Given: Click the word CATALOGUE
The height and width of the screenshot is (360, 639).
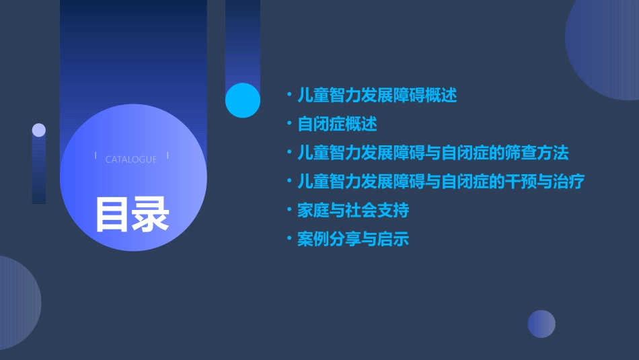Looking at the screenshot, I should (x=131, y=159).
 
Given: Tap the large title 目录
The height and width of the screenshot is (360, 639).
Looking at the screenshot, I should (x=132, y=214).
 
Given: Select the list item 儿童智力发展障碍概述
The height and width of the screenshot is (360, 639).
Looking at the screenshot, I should (x=377, y=96).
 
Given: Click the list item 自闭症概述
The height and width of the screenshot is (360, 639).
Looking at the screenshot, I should (x=337, y=124).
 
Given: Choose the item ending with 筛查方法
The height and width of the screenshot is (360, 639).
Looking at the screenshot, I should (x=433, y=153).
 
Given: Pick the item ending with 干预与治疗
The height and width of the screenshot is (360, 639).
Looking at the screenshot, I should (x=441, y=182).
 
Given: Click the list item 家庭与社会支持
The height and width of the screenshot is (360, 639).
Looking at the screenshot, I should (x=353, y=211).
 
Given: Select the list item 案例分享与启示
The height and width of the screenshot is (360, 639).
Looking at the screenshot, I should (x=353, y=240).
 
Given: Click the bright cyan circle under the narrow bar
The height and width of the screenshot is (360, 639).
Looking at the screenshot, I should (x=242, y=100).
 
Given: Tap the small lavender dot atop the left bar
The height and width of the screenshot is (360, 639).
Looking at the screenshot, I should (x=39, y=130).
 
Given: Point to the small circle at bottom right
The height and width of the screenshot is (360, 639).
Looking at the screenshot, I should (x=541, y=324).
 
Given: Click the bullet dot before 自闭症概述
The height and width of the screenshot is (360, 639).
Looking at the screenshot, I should (x=289, y=124).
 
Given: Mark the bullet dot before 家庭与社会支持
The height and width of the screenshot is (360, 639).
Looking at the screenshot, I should (x=289, y=211).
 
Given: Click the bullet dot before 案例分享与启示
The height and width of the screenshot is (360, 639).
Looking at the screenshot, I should (x=289, y=240).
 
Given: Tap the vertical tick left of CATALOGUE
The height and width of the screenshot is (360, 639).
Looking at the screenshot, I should (x=96, y=156).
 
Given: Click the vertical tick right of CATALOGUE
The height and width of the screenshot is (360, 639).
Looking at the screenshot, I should (x=167, y=156).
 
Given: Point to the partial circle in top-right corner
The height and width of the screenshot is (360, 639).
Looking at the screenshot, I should (x=605, y=47).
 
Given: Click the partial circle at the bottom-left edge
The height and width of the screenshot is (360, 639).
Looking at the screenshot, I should (x=17, y=303).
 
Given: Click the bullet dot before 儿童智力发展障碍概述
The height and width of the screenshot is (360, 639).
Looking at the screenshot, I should (x=289, y=96).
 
